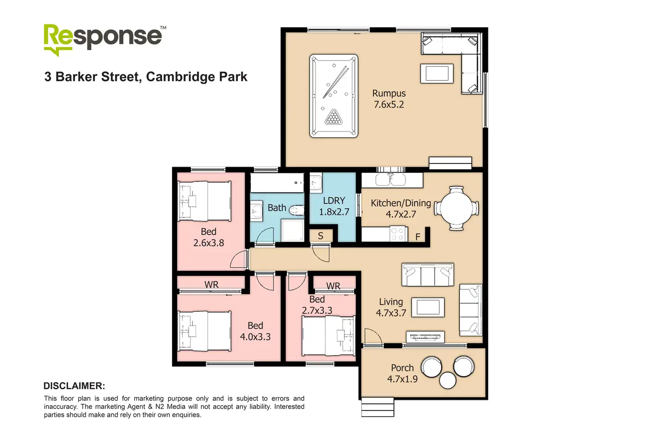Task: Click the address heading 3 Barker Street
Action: pyautogui.click(x=145, y=77)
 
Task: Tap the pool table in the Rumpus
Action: pyautogui.click(x=334, y=96)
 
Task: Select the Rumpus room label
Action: pyautogui.click(x=389, y=94)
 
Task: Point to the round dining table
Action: pyautogui.click(x=456, y=209)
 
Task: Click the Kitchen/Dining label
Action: pyautogui.click(x=400, y=203)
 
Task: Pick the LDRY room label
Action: pyautogui.click(x=334, y=201)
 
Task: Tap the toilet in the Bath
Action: pyautogui.click(x=296, y=210)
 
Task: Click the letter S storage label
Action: pyautogui.click(x=321, y=236)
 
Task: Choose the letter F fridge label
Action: pyautogui.click(x=418, y=237)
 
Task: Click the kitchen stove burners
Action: pyautogui.click(x=397, y=234)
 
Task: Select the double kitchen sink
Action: pyautogui.click(x=391, y=180)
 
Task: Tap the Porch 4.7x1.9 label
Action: pyautogui.click(x=402, y=374)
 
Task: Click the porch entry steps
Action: pyautogui.click(x=377, y=407)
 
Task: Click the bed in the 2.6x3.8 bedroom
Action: pyautogui.click(x=205, y=201)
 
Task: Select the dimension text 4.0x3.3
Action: pyautogui.click(x=255, y=337)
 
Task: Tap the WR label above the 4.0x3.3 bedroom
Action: pyautogui.click(x=211, y=285)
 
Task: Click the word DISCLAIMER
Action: pyautogui.click(x=74, y=386)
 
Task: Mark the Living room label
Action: pyautogui.click(x=391, y=302)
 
